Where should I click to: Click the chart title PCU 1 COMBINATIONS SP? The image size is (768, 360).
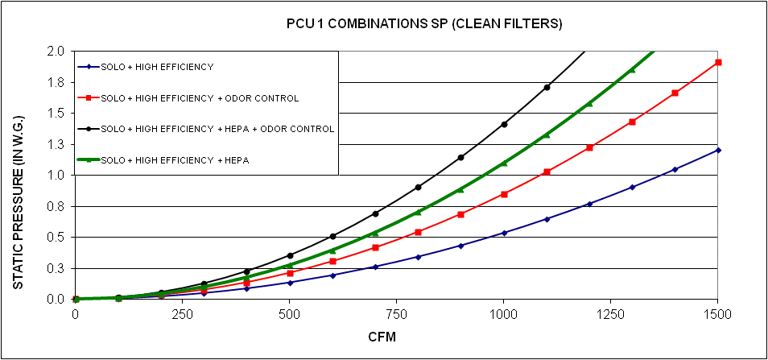tap(424, 24)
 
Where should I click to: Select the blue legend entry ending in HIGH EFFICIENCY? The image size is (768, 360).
tap(157, 67)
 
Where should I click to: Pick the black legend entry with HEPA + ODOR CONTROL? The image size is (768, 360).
tap(217, 129)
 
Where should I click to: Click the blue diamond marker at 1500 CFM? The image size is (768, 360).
tap(718, 150)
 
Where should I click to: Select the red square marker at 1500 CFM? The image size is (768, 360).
tap(718, 62)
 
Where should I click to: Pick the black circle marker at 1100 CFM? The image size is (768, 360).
tap(547, 87)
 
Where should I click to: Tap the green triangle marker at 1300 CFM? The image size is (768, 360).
tap(632, 70)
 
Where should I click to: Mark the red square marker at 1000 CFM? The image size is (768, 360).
tap(504, 194)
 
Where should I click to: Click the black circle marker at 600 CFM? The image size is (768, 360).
tap(332, 236)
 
